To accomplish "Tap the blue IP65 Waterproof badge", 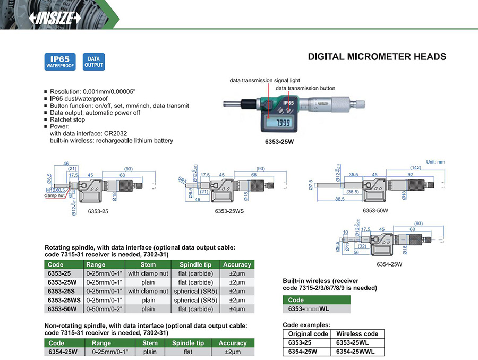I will click(61, 62).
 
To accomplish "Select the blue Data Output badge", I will click(93, 62).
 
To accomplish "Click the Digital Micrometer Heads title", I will click(377, 57).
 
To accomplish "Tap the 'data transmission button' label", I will click(305, 88).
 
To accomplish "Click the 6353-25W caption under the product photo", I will click(279, 143).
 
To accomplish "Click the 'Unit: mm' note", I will click(435, 162).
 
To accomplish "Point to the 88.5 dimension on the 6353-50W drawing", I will click(339, 199).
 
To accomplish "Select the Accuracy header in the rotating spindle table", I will click(237, 264).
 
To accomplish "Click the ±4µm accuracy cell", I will click(237, 309).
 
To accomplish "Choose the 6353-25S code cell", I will click(60, 291).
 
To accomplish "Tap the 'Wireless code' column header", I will click(357, 333).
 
